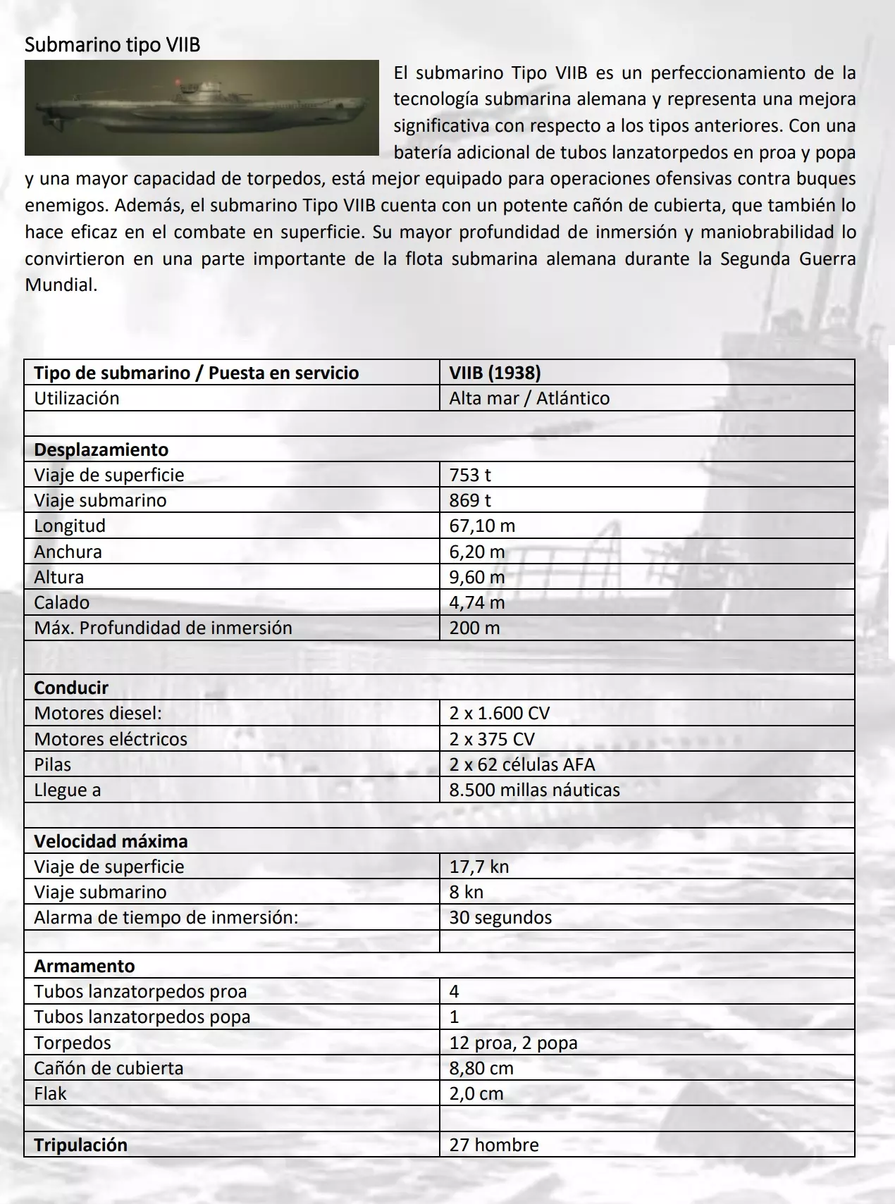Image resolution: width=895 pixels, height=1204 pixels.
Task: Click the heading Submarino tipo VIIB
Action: pyautogui.click(x=113, y=45)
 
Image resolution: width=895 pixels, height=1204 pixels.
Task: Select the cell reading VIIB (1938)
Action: pyautogui.click(x=495, y=373)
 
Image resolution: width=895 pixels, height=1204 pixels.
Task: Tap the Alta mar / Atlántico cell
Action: pyautogui.click(x=529, y=398)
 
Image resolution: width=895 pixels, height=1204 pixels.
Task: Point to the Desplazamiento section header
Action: pyautogui.click(x=101, y=449)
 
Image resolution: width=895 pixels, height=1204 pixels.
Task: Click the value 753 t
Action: pyautogui.click(x=470, y=475)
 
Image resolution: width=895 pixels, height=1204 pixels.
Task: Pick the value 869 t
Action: pyautogui.click(x=470, y=500)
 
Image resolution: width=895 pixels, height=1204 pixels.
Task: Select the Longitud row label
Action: pyautogui.click(x=70, y=526)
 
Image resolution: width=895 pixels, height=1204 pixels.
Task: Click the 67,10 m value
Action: pyautogui.click(x=482, y=526)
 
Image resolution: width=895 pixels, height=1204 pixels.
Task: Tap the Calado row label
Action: pyautogui.click(x=62, y=602)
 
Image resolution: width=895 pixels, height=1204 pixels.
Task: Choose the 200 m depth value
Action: pyautogui.click(x=474, y=628)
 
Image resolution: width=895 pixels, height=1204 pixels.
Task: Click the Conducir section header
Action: pyautogui.click(x=71, y=688)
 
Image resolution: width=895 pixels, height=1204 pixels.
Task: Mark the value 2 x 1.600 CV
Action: pyautogui.click(x=499, y=713)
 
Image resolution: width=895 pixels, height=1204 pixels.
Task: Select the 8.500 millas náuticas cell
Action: pyautogui.click(x=534, y=790)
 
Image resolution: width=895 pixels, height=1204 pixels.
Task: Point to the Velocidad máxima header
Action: pyautogui.click(x=111, y=841)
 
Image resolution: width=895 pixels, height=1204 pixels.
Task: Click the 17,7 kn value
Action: pyautogui.click(x=479, y=867)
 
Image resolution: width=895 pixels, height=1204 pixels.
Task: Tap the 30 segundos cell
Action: pyautogui.click(x=500, y=917)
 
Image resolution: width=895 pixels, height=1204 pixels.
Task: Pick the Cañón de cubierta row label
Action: pyautogui.click(x=109, y=1068)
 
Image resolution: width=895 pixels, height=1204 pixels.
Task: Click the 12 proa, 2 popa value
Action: pyautogui.click(x=513, y=1043)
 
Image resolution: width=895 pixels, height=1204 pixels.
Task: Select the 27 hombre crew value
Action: pyautogui.click(x=493, y=1145)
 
